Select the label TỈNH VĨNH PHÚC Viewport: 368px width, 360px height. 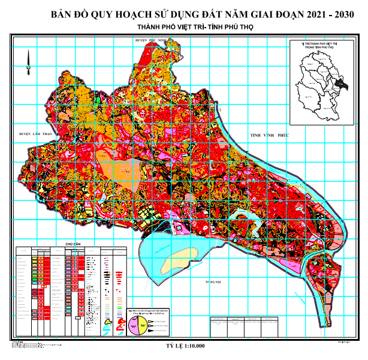[x=270, y=137]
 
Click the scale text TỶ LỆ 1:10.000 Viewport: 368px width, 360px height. [x=185, y=346]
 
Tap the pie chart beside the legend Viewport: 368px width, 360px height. [x=137, y=325]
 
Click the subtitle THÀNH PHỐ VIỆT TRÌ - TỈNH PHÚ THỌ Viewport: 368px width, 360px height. [x=185, y=28]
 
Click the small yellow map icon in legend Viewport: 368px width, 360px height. [x=108, y=322]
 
